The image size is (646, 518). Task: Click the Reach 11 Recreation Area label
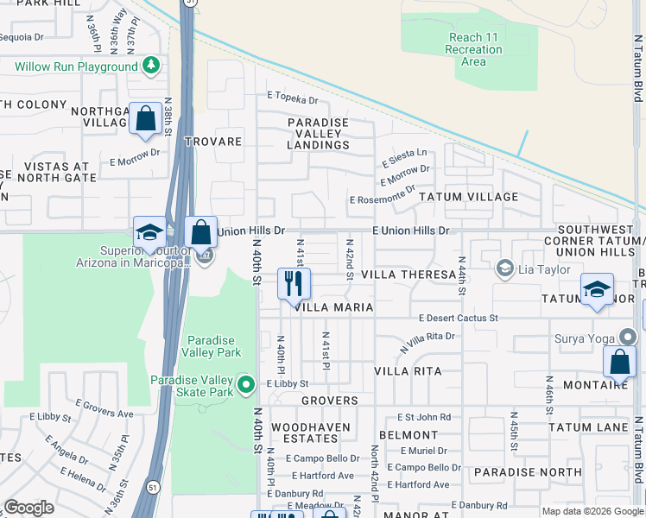click(x=475, y=50)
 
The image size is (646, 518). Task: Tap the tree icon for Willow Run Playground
click(x=151, y=66)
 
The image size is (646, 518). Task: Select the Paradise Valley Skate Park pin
click(x=246, y=384)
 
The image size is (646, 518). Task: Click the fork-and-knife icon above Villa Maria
click(x=294, y=284)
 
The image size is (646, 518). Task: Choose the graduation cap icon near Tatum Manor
click(x=597, y=290)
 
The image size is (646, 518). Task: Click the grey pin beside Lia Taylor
click(x=504, y=269)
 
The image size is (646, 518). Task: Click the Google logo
click(x=28, y=508)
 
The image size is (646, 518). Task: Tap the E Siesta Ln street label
click(x=404, y=153)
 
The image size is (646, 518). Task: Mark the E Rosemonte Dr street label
click(x=383, y=199)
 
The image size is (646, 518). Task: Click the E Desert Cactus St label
click(x=458, y=318)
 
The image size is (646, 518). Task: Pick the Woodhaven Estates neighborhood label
click(x=311, y=433)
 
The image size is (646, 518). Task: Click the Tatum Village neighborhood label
click(x=468, y=197)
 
